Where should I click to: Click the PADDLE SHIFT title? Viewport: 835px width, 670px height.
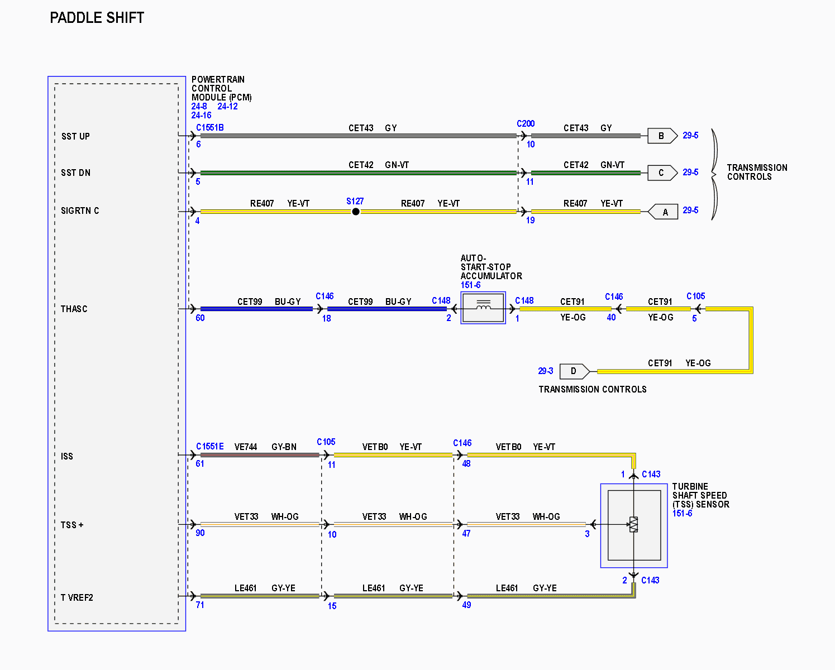[x=97, y=18]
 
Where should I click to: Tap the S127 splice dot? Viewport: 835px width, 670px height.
[x=355, y=212]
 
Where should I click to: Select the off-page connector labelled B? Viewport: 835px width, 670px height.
[x=662, y=136]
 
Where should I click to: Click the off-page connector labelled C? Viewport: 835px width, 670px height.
[x=662, y=173]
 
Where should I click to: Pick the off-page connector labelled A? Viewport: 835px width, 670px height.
[x=663, y=212]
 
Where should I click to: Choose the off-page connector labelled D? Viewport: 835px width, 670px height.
[x=575, y=371]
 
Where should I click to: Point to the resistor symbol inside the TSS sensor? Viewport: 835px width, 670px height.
[x=633, y=524]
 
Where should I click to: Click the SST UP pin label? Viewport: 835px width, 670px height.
[x=75, y=137]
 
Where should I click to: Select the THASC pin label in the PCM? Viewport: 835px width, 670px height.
[x=74, y=309]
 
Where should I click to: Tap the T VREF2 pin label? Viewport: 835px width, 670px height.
[x=77, y=597]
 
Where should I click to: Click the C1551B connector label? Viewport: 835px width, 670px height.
[x=210, y=128]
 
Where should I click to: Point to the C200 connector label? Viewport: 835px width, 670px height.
[x=526, y=123]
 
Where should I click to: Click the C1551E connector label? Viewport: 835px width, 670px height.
[x=210, y=447]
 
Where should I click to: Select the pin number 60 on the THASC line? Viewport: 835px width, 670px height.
[x=200, y=318]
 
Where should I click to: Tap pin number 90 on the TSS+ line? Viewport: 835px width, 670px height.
[x=200, y=533]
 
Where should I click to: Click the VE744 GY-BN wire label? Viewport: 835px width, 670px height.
[x=265, y=447]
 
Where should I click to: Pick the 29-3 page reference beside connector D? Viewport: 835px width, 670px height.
[x=546, y=371]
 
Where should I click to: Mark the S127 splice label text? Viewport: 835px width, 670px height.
[x=355, y=202]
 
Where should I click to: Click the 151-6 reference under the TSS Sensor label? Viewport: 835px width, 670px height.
[x=682, y=513]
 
